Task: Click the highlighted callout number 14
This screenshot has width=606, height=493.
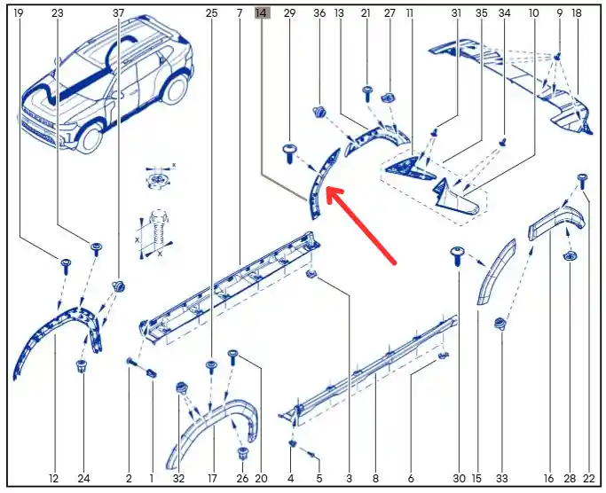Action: click(x=262, y=13)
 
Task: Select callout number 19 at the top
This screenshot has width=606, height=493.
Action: click(x=19, y=13)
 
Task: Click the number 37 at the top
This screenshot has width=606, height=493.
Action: click(x=119, y=13)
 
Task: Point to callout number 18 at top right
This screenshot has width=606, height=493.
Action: click(x=576, y=13)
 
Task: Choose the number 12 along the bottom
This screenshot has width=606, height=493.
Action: click(x=54, y=478)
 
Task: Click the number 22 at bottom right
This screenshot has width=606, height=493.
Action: click(x=588, y=478)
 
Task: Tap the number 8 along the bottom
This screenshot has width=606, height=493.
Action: click(x=375, y=478)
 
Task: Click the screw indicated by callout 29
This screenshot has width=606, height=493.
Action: click(x=289, y=153)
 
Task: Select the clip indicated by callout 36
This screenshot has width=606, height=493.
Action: click(x=319, y=112)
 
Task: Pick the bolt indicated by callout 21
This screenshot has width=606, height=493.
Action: click(x=367, y=94)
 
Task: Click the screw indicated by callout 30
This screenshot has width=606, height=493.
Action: click(x=457, y=255)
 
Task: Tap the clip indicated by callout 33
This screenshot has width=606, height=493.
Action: click(x=501, y=324)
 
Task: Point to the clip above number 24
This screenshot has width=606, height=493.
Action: click(x=81, y=366)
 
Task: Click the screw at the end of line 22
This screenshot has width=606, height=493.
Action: click(x=582, y=181)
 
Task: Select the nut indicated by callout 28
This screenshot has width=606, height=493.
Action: click(x=570, y=255)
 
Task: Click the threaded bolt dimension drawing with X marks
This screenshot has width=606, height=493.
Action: click(x=155, y=234)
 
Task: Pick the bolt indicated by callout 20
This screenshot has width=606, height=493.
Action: click(x=233, y=357)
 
